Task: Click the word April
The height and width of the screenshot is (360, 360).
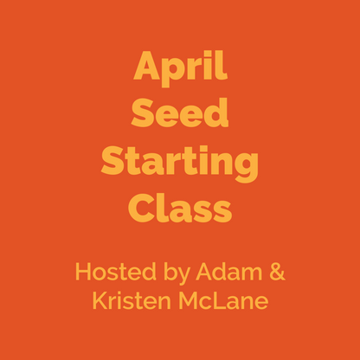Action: [180, 67]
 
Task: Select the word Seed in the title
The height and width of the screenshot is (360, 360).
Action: [180, 113]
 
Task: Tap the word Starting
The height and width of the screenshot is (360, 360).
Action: [180, 162]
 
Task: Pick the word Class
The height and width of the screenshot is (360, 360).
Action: [180, 207]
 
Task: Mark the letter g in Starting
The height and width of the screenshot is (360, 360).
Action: [247, 166]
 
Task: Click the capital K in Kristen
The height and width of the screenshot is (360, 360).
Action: [97, 302]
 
